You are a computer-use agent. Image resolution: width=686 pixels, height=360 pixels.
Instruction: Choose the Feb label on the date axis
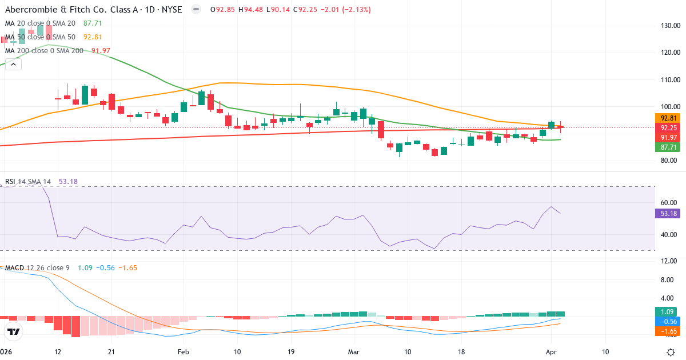click(x=183, y=351)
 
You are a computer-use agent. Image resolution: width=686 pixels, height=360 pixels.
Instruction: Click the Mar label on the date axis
click(x=354, y=351)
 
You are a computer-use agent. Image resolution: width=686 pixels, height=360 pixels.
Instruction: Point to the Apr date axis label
click(x=551, y=351)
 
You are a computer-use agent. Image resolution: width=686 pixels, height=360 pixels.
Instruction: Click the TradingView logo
click(x=14, y=331)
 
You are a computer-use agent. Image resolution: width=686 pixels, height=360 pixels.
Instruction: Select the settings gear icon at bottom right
click(x=672, y=351)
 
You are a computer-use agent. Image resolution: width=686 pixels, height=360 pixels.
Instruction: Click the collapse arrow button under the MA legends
click(x=13, y=64)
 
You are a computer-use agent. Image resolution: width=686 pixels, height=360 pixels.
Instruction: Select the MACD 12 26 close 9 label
click(x=37, y=268)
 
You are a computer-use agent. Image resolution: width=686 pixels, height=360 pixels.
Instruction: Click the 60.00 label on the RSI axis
click(x=669, y=202)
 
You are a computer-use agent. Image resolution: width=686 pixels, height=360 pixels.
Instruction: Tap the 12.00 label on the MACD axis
click(x=669, y=262)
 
